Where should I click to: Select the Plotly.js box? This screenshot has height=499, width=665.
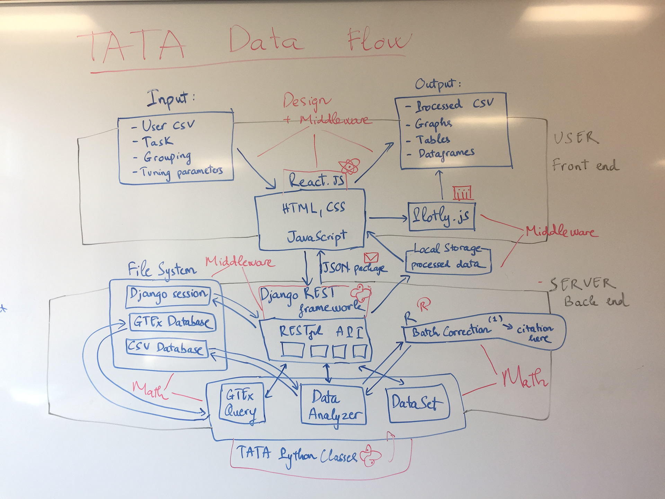point(441,217)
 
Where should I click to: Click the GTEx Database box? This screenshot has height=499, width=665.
point(172,322)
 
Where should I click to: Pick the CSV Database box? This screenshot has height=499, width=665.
point(166,348)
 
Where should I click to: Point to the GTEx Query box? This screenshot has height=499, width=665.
point(241,404)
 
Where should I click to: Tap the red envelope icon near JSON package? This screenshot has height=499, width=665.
point(371,257)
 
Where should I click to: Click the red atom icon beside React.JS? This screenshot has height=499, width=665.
point(350,167)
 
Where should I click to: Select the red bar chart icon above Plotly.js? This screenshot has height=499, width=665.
point(463,193)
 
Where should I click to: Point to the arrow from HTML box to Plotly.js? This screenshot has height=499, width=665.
point(388,218)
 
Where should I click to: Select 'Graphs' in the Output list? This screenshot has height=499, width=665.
point(433,123)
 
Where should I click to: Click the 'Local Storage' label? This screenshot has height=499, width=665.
point(447,249)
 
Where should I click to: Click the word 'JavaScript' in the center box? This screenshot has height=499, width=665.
point(316,237)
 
